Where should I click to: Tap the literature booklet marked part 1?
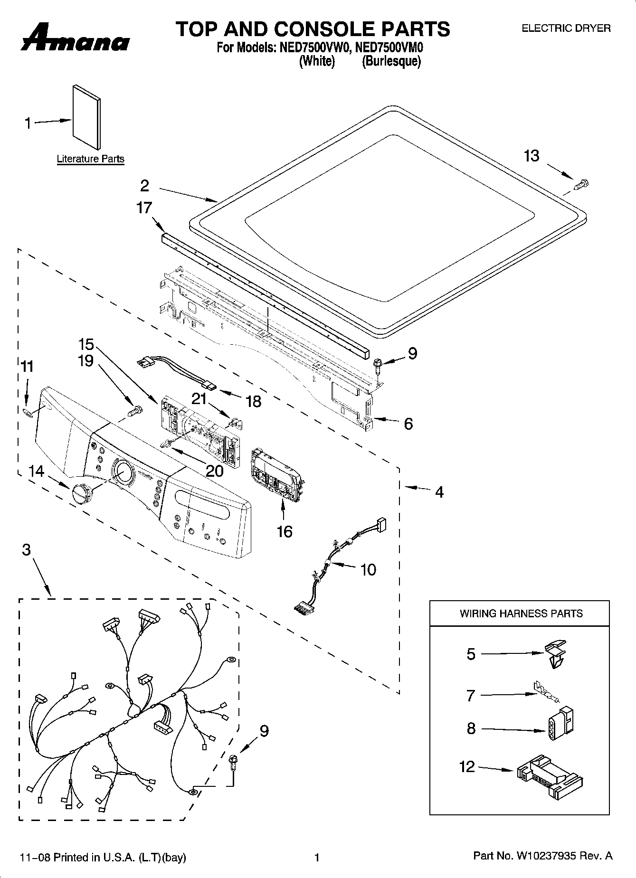(x=86, y=118)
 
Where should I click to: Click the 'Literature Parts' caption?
(x=90, y=159)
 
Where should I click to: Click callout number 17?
(x=144, y=208)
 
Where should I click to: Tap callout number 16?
(x=284, y=531)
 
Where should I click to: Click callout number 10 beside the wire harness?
(x=368, y=569)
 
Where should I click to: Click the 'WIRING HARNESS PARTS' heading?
(x=521, y=614)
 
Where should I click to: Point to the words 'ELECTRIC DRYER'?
(x=566, y=28)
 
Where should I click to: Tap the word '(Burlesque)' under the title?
(x=391, y=61)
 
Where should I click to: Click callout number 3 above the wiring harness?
(x=26, y=550)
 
